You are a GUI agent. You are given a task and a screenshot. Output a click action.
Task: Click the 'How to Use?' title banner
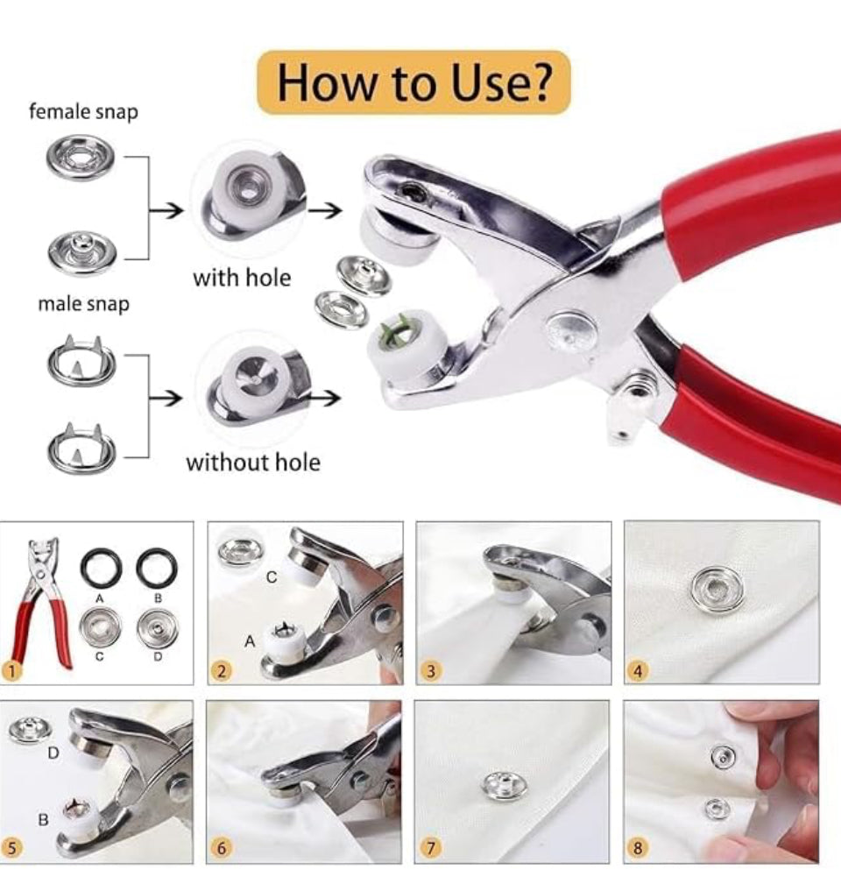413,82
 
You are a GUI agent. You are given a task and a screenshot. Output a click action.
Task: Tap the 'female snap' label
83,111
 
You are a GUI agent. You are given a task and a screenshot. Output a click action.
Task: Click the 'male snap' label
83,303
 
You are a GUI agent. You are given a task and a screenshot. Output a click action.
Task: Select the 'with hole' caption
242,278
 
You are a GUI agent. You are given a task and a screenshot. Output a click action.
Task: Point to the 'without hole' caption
253,462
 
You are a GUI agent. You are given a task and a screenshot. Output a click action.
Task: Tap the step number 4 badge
638,671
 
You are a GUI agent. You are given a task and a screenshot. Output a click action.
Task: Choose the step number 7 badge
430,848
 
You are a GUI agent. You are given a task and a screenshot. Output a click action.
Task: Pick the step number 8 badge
638,848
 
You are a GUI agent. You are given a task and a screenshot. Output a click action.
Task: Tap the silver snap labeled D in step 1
158,628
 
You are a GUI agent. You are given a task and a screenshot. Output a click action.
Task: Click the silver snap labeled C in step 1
100,628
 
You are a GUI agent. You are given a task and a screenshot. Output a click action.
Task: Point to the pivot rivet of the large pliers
571,331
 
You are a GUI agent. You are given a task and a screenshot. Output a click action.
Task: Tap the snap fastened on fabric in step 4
717,590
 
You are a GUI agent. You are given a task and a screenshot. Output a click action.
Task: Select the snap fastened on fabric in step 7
504,785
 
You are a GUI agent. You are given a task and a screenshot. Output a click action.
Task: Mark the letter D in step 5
53,753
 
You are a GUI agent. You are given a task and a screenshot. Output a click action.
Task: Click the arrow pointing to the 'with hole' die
166,211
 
